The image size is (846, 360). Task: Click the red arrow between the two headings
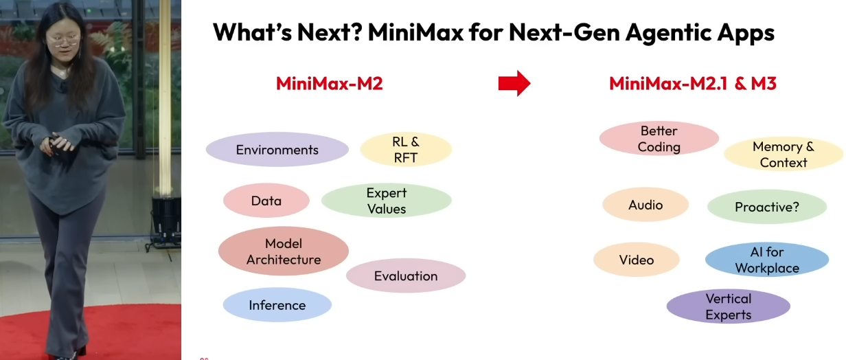coord(514,83)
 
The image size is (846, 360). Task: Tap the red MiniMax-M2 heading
coord(330,84)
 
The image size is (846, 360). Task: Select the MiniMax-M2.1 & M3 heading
coord(693,84)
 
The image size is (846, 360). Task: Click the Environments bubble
coord(277,150)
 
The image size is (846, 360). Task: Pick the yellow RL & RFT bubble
coord(406,150)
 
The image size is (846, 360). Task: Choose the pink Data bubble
coord(266,201)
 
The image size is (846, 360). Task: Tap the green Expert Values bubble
coord(387,201)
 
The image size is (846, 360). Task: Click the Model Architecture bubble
coord(283,251)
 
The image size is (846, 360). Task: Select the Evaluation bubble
coord(406,275)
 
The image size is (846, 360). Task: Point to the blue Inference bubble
coord(277,305)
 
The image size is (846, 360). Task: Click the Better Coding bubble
coord(659,139)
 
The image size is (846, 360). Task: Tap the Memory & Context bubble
coord(784,154)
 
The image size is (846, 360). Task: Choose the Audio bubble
coord(645,205)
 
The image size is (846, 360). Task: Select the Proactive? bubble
coord(767,207)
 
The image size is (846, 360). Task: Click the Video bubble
coord(637,260)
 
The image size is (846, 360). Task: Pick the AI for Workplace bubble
coord(767,260)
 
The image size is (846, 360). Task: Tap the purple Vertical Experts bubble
coord(728,306)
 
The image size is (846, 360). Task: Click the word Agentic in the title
coord(667,32)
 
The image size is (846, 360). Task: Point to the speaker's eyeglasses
coord(63,40)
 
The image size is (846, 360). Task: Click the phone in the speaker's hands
coord(55,146)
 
